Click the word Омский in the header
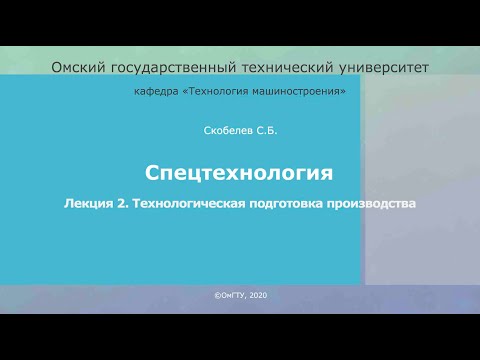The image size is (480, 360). pyautogui.click(x=78, y=67)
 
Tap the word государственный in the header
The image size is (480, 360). pyautogui.click(x=172, y=67)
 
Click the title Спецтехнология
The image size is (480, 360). pyautogui.click(x=238, y=173)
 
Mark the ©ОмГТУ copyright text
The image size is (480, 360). pyautogui.click(x=226, y=296)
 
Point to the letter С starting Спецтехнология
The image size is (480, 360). pyautogui.click(x=152, y=173)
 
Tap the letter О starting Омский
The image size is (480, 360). pyautogui.click(x=56, y=67)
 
